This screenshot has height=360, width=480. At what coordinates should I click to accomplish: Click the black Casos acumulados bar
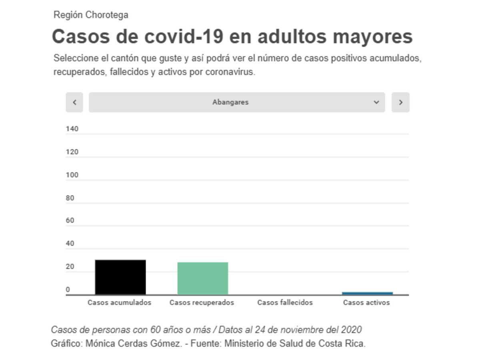(120, 277)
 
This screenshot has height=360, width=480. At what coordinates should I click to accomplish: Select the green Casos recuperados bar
(203, 278)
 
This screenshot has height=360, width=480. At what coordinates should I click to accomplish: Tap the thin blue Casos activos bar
(367, 294)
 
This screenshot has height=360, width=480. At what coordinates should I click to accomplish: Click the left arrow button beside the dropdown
(74, 102)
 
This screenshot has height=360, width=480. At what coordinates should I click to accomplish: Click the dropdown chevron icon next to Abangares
(376, 102)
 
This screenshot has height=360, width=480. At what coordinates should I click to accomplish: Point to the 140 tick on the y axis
(72, 129)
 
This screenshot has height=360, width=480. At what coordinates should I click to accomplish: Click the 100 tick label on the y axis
(72, 175)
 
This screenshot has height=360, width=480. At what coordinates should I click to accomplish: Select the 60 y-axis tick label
(70, 220)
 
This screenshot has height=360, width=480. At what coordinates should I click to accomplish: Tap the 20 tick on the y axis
(70, 266)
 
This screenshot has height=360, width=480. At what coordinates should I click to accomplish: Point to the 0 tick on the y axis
(68, 289)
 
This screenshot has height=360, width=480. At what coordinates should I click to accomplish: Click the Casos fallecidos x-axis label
(285, 302)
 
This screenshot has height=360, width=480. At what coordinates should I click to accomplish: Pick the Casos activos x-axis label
(366, 302)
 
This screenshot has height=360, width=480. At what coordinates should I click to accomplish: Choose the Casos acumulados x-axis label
(119, 302)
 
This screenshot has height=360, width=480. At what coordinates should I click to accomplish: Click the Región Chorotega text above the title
(91, 15)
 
